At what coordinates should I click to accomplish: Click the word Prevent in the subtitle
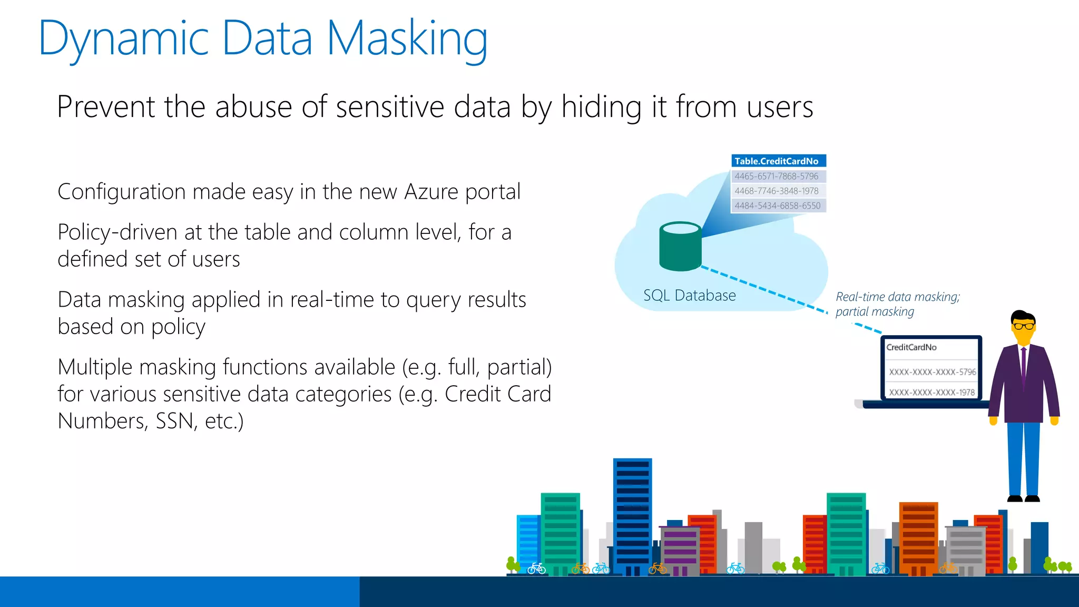(106, 107)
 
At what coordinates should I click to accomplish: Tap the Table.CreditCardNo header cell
(778, 161)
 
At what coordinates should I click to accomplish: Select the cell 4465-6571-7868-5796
(778, 177)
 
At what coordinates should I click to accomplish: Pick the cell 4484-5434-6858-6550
(778, 206)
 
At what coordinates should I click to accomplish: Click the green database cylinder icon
(680, 247)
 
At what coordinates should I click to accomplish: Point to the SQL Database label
(689, 296)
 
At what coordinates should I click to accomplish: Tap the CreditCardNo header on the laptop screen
(911, 347)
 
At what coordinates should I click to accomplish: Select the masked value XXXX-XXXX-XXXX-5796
(932, 372)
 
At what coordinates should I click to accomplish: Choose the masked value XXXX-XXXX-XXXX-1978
(931, 393)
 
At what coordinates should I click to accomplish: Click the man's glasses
(1023, 326)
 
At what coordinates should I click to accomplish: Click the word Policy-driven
(117, 232)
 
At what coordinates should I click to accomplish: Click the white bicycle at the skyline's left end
(536, 568)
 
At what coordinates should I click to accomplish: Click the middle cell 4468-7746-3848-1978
(778, 191)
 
